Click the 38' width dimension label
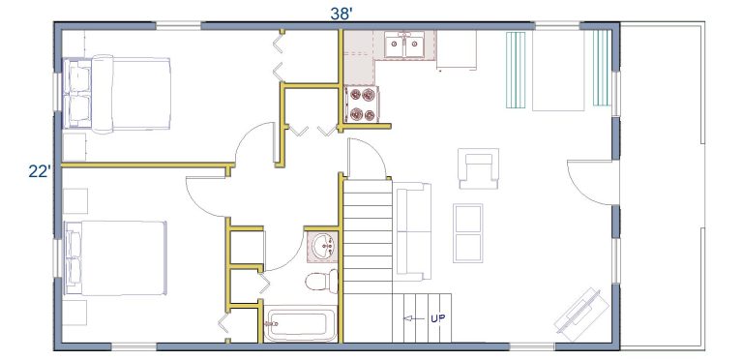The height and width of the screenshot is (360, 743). (x=342, y=14)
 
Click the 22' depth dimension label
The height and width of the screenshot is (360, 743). (x=40, y=171)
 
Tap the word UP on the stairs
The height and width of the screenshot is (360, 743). (x=438, y=318)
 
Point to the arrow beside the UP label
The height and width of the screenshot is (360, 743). (x=414, y=318)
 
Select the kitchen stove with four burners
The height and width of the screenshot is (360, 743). (x=362, y=105)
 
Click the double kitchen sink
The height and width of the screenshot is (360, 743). (x=404, y=45)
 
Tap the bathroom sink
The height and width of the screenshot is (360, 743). (x=324, y=247)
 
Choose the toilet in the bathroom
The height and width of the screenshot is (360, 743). (x=322, y=282)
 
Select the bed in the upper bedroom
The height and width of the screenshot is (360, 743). (x=116, y=94)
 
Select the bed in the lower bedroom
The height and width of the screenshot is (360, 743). (x=116, y=257)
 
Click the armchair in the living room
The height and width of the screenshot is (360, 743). (x=479, y=168)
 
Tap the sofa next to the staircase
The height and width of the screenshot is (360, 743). (x=412, y=231)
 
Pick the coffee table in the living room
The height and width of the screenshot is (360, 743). (x=467, y=233)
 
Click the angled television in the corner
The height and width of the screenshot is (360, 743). (x=581, y=315)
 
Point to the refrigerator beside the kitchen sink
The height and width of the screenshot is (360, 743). (x=457, y=50)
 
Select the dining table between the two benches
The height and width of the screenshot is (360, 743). (x=558, y=71)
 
